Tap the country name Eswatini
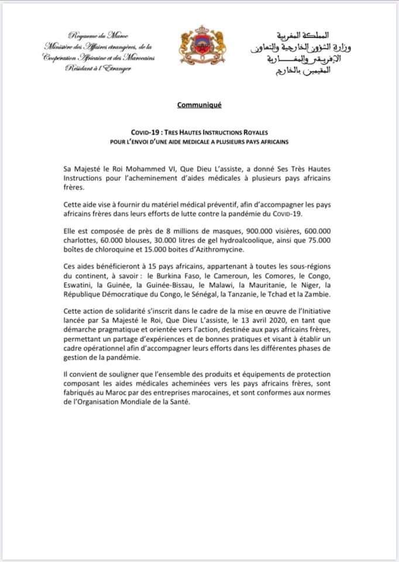click(80, 285)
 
